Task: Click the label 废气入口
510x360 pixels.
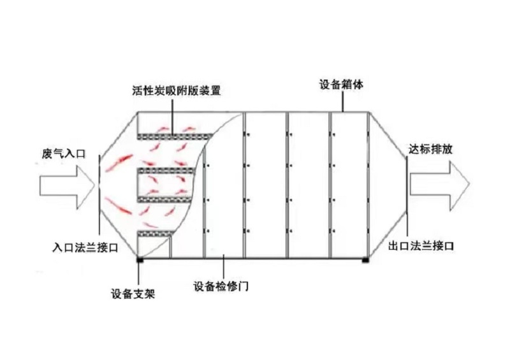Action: (x=63, y=154)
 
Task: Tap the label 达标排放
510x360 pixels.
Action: (x=430, y=149)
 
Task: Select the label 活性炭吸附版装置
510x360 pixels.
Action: (x=177, y=90)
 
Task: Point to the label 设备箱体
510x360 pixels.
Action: (x=341, y=85)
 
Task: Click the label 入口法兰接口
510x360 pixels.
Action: (x=85, y=248)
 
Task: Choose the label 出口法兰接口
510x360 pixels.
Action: (x=421, y=246)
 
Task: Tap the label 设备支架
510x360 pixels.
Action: (x=133, y=294)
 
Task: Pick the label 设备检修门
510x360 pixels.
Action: (x=221, y=286)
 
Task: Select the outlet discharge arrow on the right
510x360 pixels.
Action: (x=440, y=184)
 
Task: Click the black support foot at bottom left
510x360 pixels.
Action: (x=140, y=260)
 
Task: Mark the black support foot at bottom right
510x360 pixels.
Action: (x=365, y=260)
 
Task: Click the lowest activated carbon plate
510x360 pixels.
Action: (x=156, y=233)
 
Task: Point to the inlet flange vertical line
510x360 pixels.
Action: (x=99, y=194)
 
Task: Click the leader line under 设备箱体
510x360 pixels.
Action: (x=342, y=101)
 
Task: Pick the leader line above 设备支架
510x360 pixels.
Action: (x=138, y=274)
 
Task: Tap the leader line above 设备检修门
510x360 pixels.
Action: (x=224, y=267)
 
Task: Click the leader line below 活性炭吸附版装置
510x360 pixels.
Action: (x=172, y=116)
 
